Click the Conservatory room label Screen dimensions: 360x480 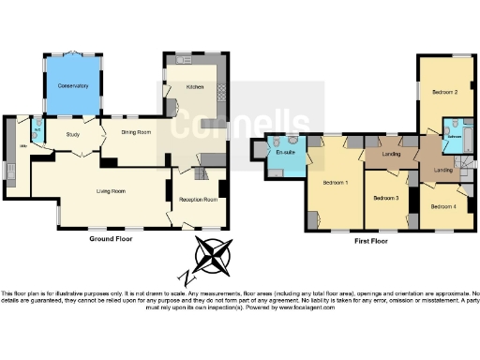pos(72,85)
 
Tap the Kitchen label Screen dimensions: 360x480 pos(195,86)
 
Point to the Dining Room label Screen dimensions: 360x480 pos(136,132)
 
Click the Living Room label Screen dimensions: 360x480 pos(112,191)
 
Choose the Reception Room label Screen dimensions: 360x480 pos(199,200)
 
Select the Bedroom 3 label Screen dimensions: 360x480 pos(385,199)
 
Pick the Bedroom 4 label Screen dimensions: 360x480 pos(444,205)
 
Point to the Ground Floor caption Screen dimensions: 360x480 pos(112,240)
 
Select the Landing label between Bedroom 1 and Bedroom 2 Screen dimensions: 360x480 pos(393,154)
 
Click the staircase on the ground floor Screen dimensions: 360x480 pos(201,173)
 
